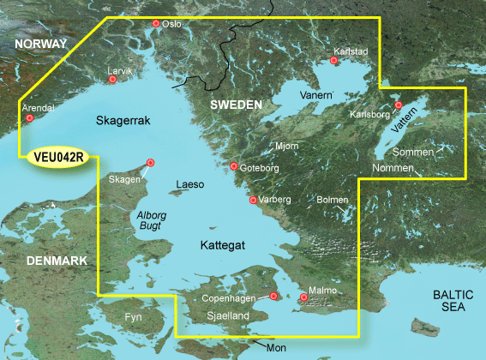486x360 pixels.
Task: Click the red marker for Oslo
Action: point(155,24)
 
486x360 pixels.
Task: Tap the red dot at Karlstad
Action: point(335,61)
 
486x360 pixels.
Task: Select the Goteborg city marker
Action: point(234,166)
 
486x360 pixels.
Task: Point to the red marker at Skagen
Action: point(151,162)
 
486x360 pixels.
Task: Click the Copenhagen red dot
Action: point(273,296)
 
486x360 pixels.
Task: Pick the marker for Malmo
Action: point(303,298)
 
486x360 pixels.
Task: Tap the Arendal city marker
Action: point(30,118)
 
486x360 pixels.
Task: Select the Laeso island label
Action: point(190,184)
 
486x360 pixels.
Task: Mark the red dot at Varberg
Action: point(253,201)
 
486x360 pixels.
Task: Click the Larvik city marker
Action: point(112,80)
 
